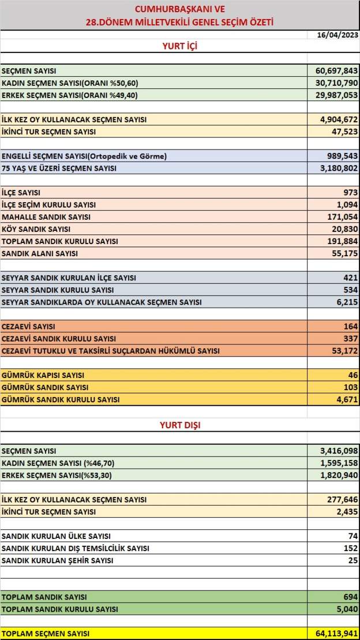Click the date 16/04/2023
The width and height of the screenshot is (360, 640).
click(337, 35)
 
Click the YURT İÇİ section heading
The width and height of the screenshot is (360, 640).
click(179, 46)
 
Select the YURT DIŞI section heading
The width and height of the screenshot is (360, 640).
click(179, 425)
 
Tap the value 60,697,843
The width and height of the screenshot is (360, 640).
click(337, 70)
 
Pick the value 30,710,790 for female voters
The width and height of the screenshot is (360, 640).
click(337, 83)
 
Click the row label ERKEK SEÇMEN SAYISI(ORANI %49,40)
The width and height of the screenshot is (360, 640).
click(70, 95)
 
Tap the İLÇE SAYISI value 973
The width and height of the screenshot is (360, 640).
click(350, 193)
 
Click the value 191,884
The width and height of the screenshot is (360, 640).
click(342, 241)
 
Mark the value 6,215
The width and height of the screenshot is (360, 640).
click(347, 302)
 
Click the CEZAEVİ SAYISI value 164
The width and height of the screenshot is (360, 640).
click(350, 327)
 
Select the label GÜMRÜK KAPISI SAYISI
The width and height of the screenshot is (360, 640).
click(43, 375)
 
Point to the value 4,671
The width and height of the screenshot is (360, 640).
click(347, 399)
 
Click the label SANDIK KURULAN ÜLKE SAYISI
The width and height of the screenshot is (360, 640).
click(57, 536)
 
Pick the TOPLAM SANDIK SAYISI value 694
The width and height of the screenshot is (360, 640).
click(350, 597)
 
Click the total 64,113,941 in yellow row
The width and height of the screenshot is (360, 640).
click(337, 634)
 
